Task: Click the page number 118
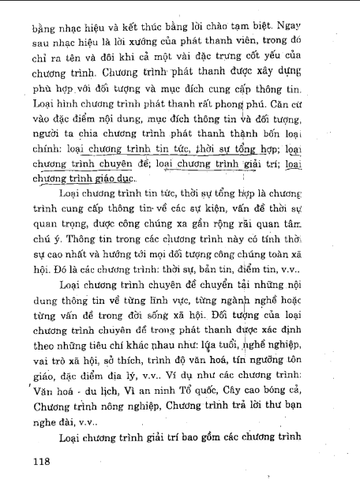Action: point(37,459)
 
